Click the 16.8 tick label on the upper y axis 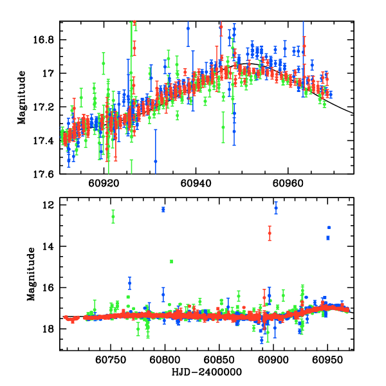tap(49, 40)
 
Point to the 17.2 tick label tap(49, 107)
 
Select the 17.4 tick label tap(49, 140)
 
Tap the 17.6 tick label tap(49, 174)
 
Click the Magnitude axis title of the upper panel tap(22, 97)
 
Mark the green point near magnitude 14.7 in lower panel tap(172, 261)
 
